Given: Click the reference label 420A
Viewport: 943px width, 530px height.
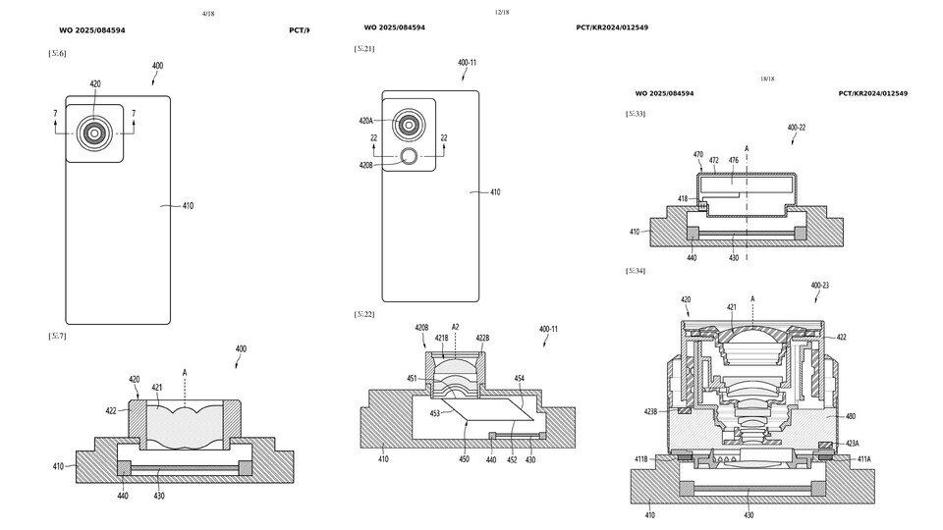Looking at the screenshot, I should tap(365, 121).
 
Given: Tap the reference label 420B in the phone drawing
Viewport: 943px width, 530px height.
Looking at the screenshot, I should tap(365, 165).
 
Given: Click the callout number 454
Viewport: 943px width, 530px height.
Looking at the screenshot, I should tap(519, 377).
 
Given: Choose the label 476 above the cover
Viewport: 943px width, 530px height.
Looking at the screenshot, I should tap(733, 159).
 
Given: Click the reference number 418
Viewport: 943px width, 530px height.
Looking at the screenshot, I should tap(683, 198).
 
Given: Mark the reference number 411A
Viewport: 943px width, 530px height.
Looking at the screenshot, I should tap(862, 458).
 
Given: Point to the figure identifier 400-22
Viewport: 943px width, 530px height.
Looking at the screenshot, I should tap(797, 128).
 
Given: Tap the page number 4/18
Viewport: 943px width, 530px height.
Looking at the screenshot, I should tap(207, 14).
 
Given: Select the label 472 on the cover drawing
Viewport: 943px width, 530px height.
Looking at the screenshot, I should tap(714, 159).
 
